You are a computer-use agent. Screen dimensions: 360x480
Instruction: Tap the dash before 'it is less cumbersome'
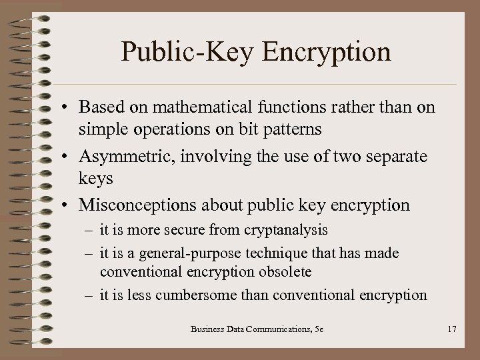(x=90, y=295)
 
